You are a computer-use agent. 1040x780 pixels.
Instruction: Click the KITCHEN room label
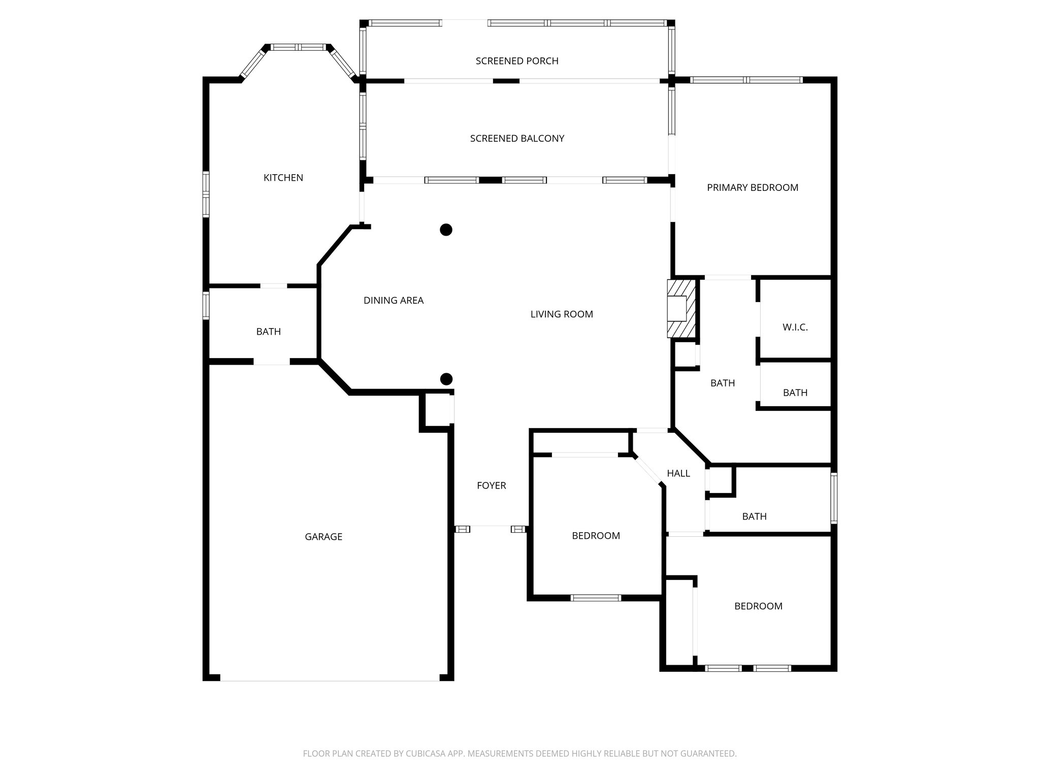coord(283,178)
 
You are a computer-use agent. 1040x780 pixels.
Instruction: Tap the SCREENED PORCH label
coord(516,61)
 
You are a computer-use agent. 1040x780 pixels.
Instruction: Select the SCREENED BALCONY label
coord(516,139)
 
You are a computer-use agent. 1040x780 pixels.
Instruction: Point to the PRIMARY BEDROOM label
coord(752,188)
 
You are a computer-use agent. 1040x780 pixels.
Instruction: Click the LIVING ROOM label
coord(561,314)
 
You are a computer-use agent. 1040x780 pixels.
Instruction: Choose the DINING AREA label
coord(393,301)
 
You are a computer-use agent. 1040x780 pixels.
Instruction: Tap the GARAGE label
coord(323,537)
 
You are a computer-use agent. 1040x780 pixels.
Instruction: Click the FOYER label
coord(491,486)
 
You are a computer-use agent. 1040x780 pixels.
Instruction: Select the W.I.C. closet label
coord(795,328)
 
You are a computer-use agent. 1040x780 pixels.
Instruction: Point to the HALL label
coord(678,474)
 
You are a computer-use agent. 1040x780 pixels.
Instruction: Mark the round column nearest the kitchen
coord(445,230)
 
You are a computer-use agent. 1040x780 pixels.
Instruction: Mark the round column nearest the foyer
coord(446,379)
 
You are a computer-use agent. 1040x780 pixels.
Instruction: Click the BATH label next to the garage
coord(268,332)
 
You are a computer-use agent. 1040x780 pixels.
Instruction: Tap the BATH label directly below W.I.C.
coord(795,393)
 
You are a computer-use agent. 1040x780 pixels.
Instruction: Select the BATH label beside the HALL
coord(754,516)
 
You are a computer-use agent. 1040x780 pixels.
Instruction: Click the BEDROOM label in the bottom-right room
coord(758,606)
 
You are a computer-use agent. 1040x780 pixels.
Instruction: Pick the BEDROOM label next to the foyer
coord(595,536)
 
